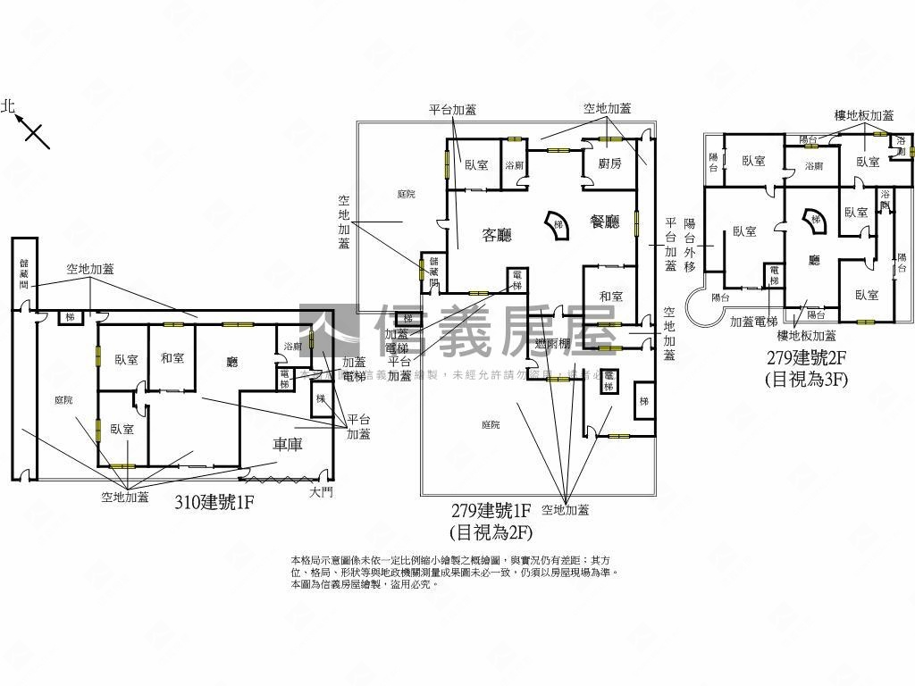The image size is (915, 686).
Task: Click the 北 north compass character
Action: [x=9, y=106]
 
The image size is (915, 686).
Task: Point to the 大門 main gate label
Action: [x=321, y=492]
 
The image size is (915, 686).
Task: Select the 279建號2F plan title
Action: [x=805, y=359]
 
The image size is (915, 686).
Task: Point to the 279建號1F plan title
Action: [x=492, y=511]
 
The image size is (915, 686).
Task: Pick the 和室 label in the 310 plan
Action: [x=172, y=358]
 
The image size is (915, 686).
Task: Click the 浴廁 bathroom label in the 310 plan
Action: [x=292, y=347]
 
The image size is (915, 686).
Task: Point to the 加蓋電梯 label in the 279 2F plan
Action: [x=754, y=322]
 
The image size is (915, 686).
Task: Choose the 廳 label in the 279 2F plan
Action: [x=814, y=260]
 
